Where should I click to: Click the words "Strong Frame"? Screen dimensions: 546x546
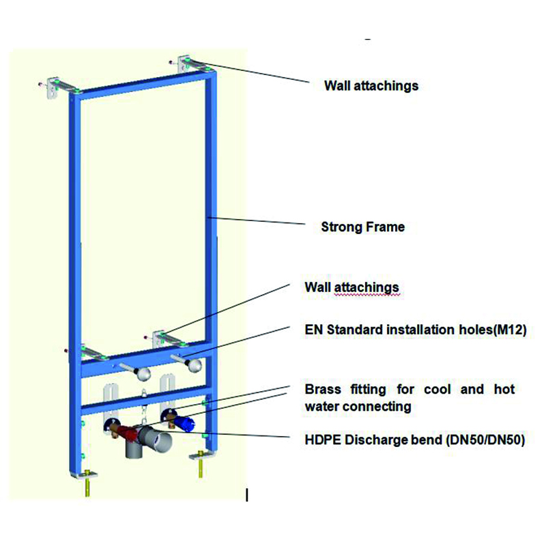(x=363, y=227)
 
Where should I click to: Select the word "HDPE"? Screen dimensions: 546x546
(x=323, y=440)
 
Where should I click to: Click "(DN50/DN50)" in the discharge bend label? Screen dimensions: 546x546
(x=485, y=440)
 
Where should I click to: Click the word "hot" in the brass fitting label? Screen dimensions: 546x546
(x=504, y=389)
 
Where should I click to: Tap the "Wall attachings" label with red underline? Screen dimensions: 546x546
(x=351, y=287)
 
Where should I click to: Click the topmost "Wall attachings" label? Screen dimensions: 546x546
(x=371, y=86)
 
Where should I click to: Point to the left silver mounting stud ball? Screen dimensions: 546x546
(x=143, y=374)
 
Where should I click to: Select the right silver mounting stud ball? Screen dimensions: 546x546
(x=194, y=365)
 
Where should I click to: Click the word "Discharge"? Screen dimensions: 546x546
(x=377, y=440)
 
